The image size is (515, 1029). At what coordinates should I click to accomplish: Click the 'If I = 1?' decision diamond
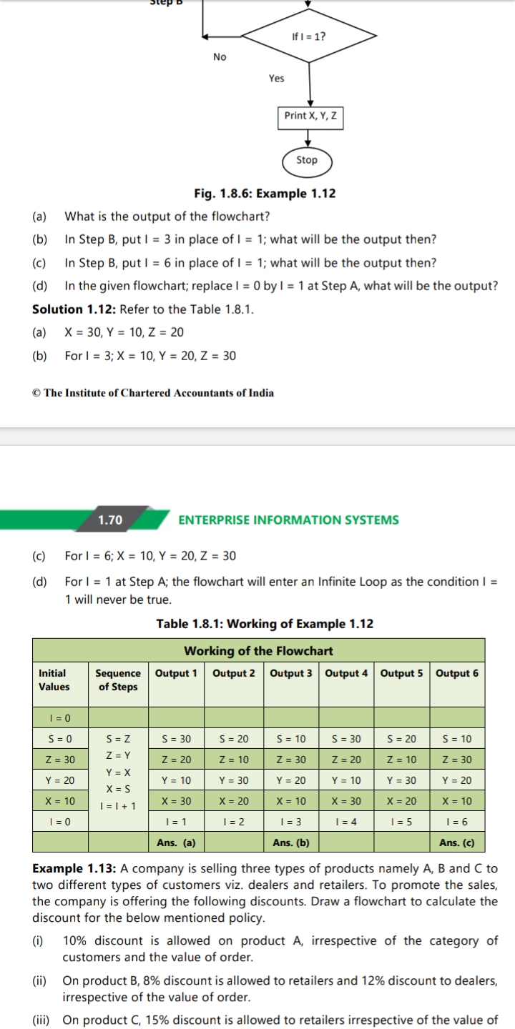[x=310, y=36]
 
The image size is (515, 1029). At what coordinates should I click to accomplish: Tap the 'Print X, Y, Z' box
[x=310, y=116]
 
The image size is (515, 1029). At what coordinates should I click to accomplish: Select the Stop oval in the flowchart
[x=307, y=160]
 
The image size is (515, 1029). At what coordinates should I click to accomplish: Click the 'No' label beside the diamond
[x=220, y=57]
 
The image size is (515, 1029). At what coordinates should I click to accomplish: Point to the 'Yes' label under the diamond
[x=276, y=79]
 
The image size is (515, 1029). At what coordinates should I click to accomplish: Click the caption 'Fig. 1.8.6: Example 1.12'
[x=265, y=194]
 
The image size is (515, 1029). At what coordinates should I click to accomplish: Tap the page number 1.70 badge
[x=110, y=520]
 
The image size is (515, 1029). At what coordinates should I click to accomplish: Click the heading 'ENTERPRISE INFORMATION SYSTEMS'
[x=288, y=520]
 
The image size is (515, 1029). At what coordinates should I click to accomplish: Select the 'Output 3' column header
[x=291, y=673]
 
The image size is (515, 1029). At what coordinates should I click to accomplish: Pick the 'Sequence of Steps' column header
[x=118, y=680]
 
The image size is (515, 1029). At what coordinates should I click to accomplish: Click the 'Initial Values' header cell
[x=54, y=680]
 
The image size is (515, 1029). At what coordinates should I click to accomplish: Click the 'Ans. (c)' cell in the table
[x=457, y=842]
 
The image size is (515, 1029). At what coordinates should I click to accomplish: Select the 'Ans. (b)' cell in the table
[x=291, y=842]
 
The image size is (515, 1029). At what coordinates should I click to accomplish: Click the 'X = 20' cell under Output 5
[x=401, y=801]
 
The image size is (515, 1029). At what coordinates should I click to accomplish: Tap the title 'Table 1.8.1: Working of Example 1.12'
[x=265, y=624]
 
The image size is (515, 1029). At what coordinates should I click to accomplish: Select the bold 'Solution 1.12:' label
[x=74, y=309]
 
